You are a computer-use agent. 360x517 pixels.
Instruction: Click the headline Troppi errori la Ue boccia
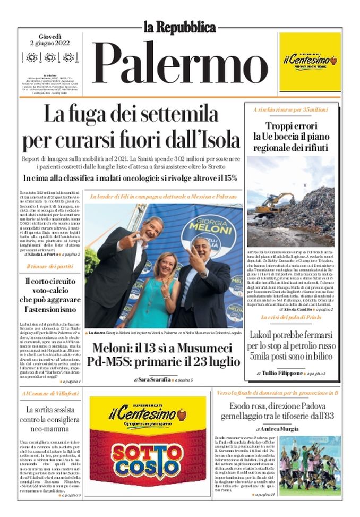tap(290, 137)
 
